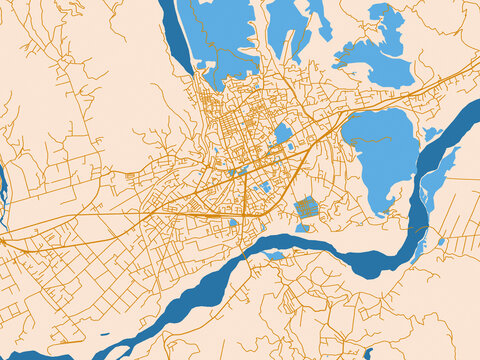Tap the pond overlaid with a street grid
[x=306, y=207]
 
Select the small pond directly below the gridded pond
[x=302, y=228]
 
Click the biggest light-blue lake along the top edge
[x=225, y=35]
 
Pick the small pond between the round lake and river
[x=431, y=133]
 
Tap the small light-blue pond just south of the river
[x=275, y=256]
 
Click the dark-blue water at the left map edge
[x=3, y=185]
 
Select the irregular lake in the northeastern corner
[x=375, y=55]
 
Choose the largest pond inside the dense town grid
[x=283, y=132]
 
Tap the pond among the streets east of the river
[x=441, y=241]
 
